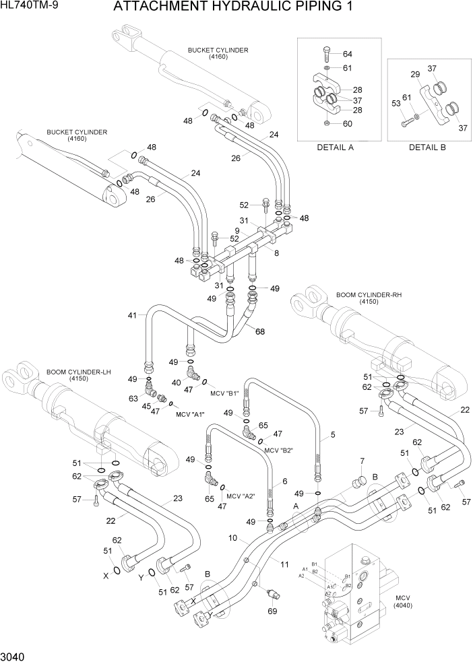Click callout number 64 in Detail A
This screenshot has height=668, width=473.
coord(348,54)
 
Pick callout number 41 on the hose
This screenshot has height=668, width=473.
coord(132,314)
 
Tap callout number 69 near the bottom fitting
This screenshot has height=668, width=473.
coord(272,611)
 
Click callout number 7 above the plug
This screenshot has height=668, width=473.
coord(361,461)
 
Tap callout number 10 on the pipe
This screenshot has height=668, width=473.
coord(232,537)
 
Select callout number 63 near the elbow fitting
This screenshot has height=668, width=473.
coord(133,398)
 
